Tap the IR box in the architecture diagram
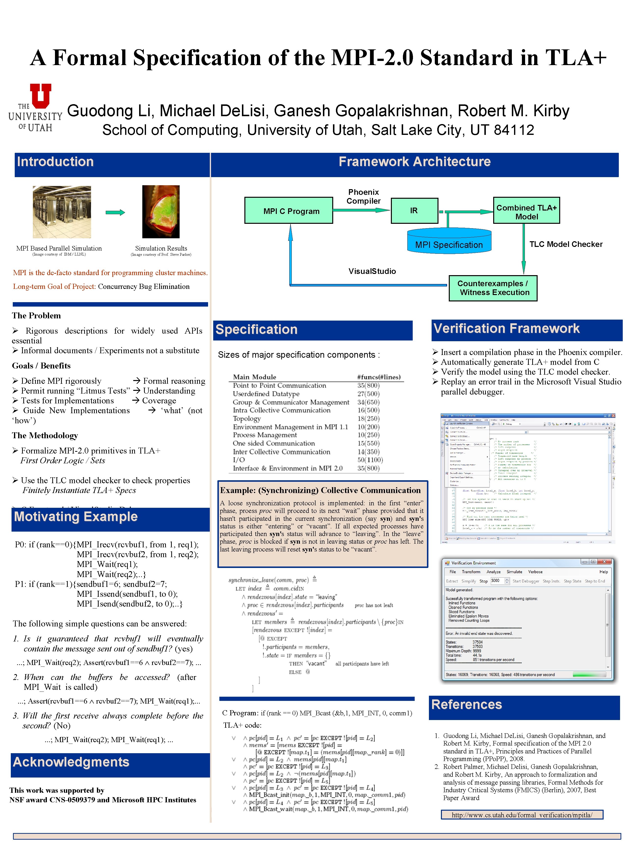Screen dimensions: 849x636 pyautogui.click(x=414, y=210)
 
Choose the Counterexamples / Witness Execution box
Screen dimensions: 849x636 pyautogui.click(x=493, y=288)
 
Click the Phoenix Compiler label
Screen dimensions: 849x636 pyautogui.click(x=363, y=197)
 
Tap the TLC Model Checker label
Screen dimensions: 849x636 pyautogui.click(x=566, y=244)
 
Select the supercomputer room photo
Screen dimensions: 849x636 pyautogui.click(x=62, y=212)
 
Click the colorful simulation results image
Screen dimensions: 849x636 pyautogui.click(x=161, y=212)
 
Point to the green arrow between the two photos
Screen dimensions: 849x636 pyautogui.click(x=115, y=212)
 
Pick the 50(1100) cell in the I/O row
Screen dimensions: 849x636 pyautogui.click(x=370, y=460)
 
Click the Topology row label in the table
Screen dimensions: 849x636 pyautogui.click(x=247, y=418)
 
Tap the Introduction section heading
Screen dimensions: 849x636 pyautogui.click(x=55, y=162)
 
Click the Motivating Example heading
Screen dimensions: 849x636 pyautogui.click(x=76, y=517)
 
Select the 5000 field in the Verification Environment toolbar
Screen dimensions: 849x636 pyautogui.click(x=496, y=581)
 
